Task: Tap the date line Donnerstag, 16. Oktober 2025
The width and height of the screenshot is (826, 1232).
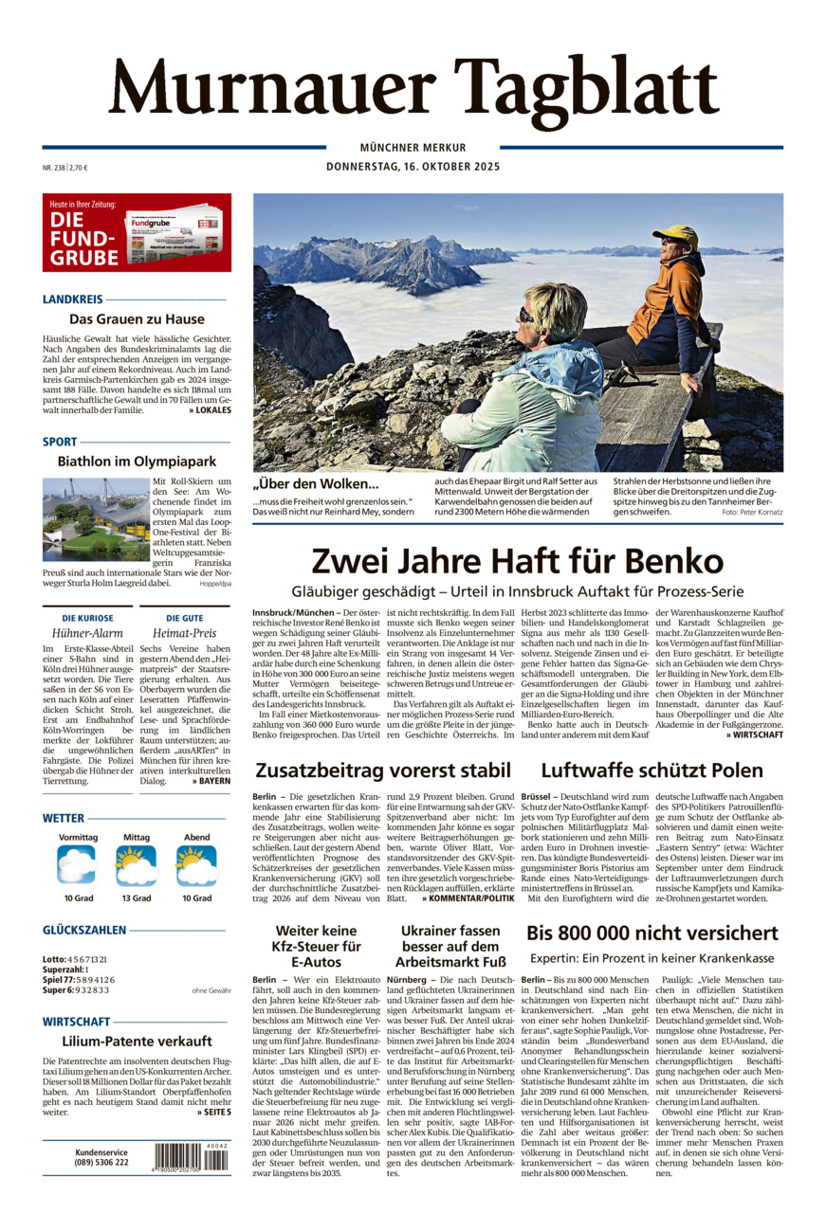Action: (x=413, y=167)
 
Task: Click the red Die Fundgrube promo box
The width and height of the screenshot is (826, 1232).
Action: (x=137, y=232)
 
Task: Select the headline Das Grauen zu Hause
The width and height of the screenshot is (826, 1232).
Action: (x=137, y=319)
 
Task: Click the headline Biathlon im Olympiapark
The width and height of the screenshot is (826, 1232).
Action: (x=137, y=462)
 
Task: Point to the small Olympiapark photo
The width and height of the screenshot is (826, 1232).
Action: (x=95, y=519)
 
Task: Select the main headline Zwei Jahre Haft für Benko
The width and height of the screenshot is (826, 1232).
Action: (x=517, y=560)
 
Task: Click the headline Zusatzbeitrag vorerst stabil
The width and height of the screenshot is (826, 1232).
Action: (x=382, y=770)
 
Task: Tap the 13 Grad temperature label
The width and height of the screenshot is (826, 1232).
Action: (x=136, y=897)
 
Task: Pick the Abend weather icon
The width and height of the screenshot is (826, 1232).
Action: (x=196, y=865)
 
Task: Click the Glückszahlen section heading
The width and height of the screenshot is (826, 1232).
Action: (x=84, y=931)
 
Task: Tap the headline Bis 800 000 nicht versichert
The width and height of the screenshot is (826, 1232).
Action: (x=652, y=933)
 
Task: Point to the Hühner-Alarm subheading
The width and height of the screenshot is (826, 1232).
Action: (x=87, y=633)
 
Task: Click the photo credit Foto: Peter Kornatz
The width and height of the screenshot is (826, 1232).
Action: (x=752, y=513)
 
